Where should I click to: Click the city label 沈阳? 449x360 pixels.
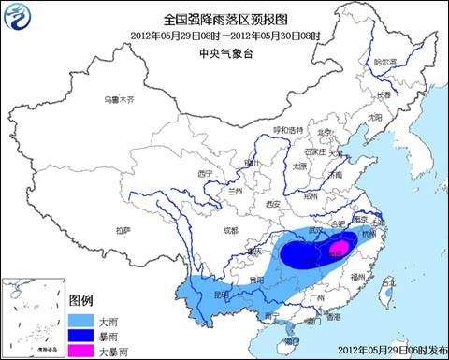pyautogui.click(x=375, y=117)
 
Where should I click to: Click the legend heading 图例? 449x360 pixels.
pyautogui.click(x=81, y=301)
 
